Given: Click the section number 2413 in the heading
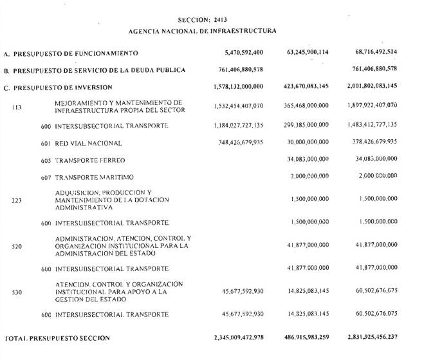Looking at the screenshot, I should (221, 20).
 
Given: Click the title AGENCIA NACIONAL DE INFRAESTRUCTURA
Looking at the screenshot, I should (203, 30).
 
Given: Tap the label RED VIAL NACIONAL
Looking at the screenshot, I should (88, 143).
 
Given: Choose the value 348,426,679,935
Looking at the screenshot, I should (242, 143).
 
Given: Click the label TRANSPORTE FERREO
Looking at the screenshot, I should (90, 160).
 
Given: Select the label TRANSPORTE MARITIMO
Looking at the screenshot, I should (94, 177).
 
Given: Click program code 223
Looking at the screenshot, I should (17, 200).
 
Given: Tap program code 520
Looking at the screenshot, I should (17, 246).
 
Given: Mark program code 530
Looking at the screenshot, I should (17, 292).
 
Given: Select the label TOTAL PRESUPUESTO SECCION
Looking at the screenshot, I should (57, 338).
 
